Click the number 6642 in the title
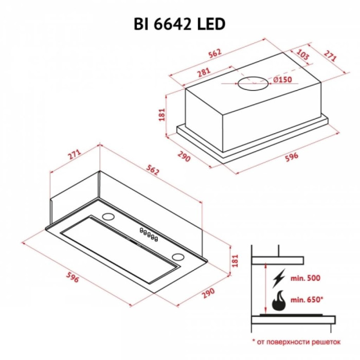172,24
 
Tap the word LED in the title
211,24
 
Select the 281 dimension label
204,73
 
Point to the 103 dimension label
302,55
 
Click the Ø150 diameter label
283,80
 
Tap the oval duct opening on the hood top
253,83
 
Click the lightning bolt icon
279,278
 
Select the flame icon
279,301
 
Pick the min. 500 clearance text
305,278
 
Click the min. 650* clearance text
307,300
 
